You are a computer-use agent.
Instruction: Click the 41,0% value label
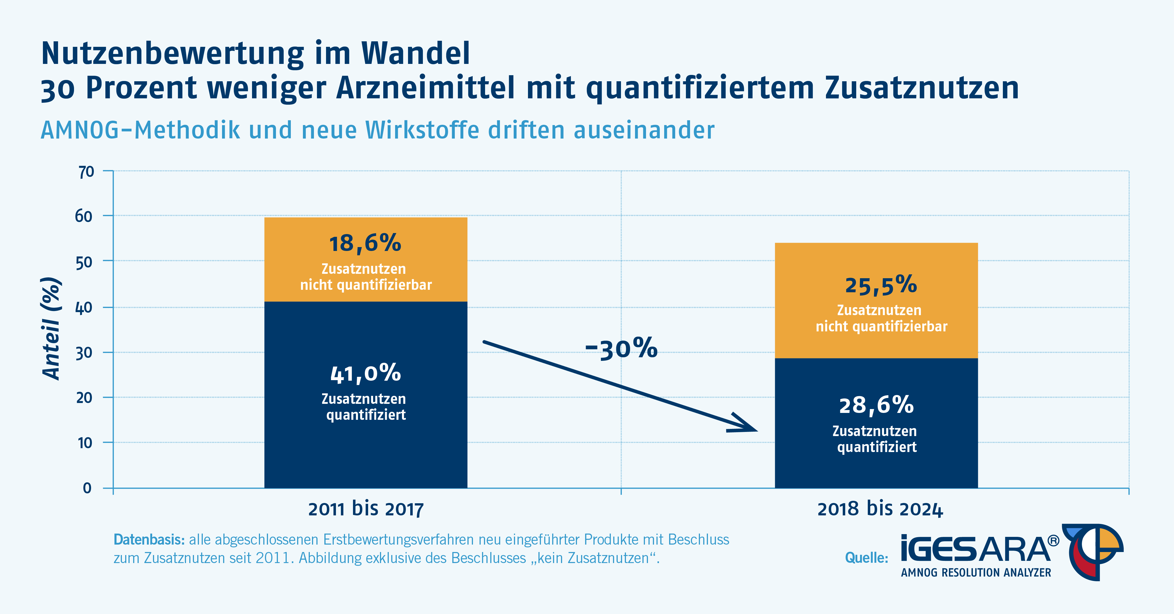365,373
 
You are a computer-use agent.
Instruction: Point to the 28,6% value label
876,405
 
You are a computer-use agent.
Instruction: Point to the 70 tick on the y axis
86,172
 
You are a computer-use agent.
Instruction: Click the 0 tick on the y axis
87,488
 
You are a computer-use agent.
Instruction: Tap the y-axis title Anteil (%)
51,328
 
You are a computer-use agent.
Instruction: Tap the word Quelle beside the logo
866,558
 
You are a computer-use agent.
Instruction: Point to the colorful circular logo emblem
1094,551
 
